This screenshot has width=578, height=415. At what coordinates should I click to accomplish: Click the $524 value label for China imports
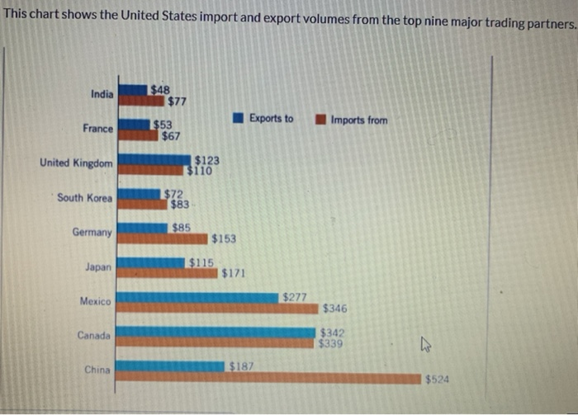(437, 380)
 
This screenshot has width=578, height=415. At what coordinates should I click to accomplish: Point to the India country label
(102, 94)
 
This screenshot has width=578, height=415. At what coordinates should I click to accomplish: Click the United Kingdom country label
(76, 163)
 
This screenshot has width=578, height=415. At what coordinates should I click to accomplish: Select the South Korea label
(85, 198)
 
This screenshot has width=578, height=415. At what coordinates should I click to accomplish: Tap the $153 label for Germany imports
(223, 239)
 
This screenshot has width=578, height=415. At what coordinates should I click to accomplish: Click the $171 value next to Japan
(233, 273)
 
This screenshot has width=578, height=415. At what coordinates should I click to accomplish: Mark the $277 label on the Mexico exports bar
(294, 296)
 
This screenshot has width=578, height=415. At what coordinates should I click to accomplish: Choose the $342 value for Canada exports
(332, 332)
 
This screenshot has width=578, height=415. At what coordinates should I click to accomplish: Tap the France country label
(98, 129)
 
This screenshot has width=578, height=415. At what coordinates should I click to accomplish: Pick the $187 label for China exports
(240, 365)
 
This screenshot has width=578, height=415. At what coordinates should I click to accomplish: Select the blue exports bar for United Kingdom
(154, 159)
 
